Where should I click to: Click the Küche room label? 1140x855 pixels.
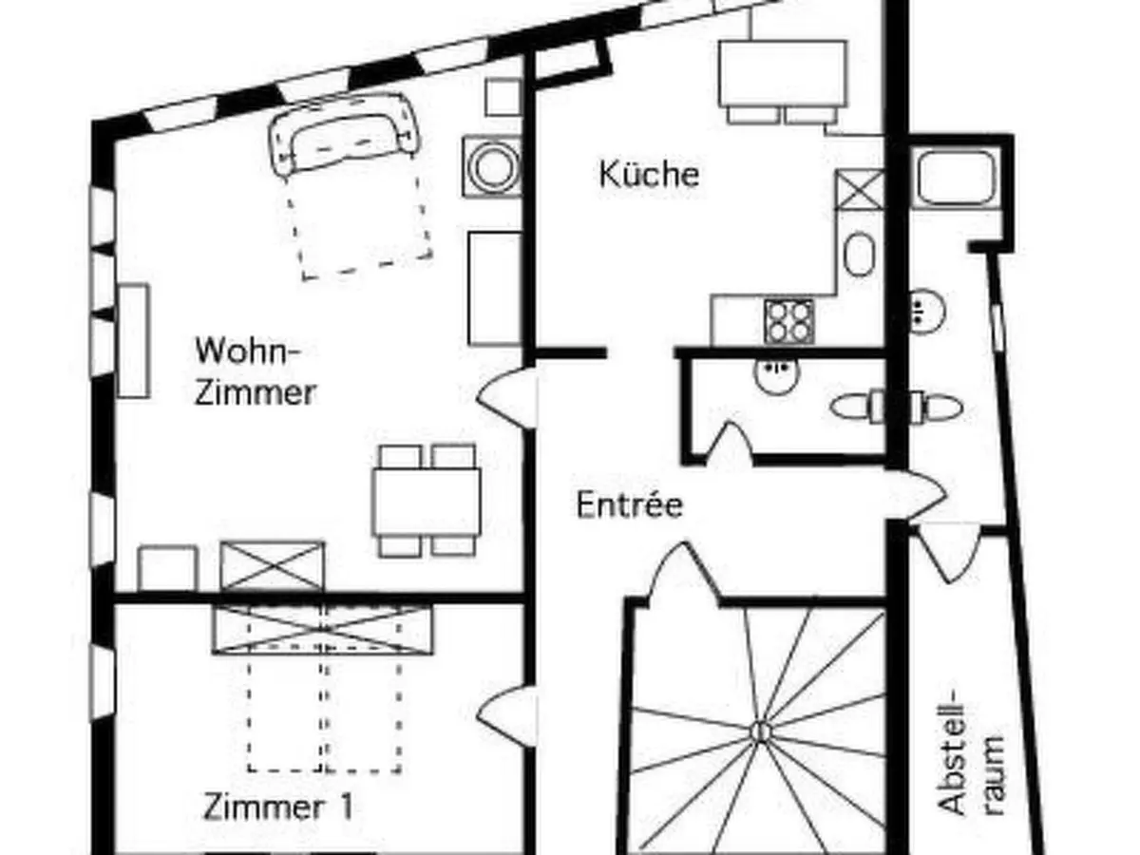click(x=649, y=174)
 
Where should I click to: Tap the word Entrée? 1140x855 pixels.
click(x=629, y=504)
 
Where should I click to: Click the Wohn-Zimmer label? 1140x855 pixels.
click(x=254, y=371)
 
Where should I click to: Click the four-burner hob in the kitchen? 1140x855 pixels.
click(x=789, y=319)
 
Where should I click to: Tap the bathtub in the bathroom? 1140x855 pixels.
click(x=955, y=177)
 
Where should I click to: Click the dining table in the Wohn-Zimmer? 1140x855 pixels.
click(x=427, y=502)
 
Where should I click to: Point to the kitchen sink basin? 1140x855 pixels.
click(x=859, y=254)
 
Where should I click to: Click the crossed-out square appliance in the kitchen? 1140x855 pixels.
click(x=860, y=189)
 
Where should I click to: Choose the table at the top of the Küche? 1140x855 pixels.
click(x=782, y=73)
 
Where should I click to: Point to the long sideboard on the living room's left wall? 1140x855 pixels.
click(x=133, y=340)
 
